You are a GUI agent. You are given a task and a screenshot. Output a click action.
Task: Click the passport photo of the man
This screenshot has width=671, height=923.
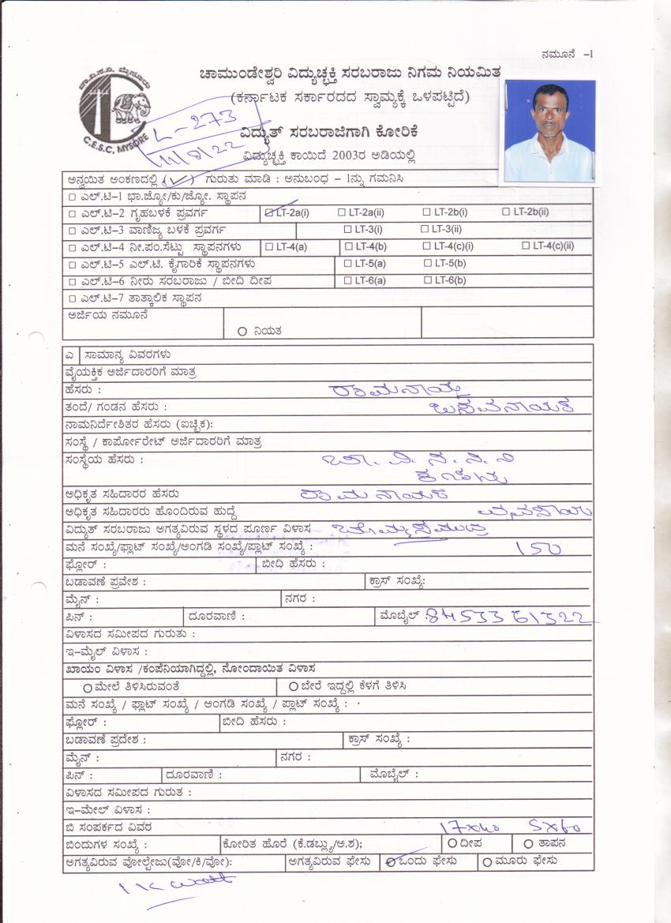point(549,131)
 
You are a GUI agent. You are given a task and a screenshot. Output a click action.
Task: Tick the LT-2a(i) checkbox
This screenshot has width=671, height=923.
point(270,212)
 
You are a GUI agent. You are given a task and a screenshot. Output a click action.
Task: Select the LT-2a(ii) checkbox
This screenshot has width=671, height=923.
point(342,212)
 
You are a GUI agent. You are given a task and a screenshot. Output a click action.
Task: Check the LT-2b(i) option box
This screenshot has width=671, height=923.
point(426,212)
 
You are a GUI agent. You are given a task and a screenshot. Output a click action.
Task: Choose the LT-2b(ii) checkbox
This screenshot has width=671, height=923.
point(507,212)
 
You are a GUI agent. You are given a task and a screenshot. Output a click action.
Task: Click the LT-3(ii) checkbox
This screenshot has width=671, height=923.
point(425,229)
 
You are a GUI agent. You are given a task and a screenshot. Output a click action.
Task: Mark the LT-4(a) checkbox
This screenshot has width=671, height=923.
point(269,246)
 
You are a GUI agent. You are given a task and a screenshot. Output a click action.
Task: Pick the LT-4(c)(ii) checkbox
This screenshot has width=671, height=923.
point(527,246)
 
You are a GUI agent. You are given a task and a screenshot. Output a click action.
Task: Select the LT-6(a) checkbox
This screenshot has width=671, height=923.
point(347,280)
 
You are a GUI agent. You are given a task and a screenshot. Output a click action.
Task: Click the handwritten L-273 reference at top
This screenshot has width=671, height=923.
point(195,126)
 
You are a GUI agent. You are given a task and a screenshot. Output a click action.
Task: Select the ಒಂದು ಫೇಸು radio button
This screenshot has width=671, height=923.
point(389,861)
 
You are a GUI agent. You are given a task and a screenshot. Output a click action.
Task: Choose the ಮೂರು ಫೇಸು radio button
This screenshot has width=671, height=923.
point(487,861)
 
